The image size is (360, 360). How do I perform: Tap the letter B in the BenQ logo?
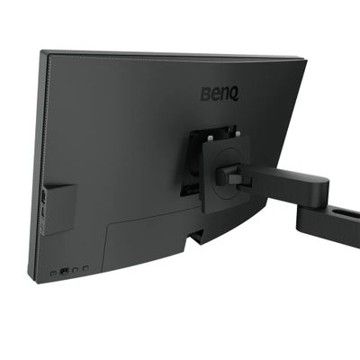pos(205,93)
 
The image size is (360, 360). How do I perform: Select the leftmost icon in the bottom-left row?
pos(53,271)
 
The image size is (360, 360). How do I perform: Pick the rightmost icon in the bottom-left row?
pos(85,269)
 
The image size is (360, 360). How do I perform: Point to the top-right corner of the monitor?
pos(305,61)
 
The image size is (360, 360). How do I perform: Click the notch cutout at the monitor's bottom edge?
pos(195,238)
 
